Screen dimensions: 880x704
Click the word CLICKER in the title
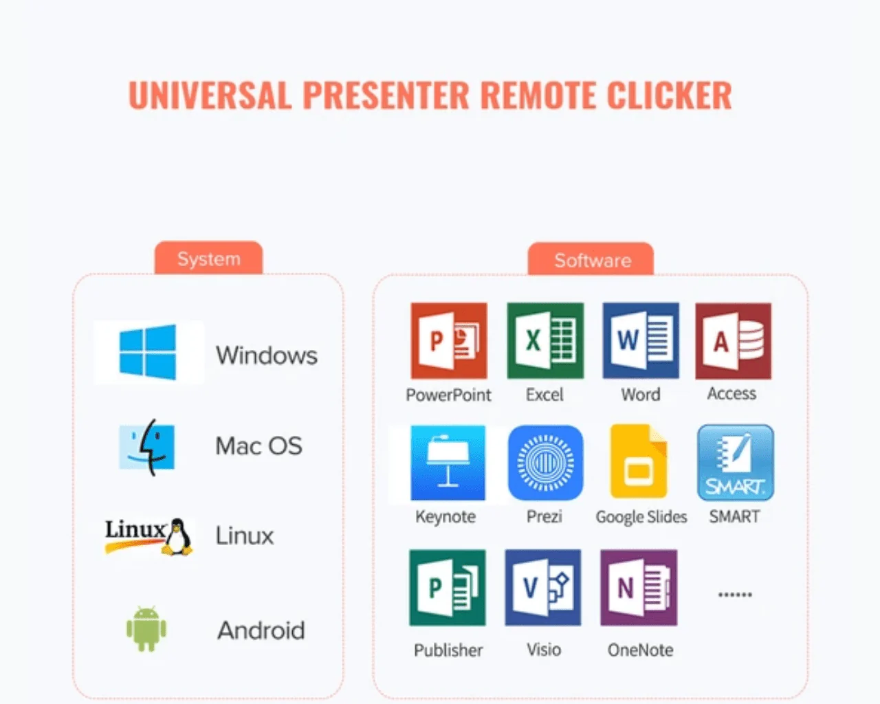pyautogui.click(x=669, y=95)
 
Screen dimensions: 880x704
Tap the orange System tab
pyautogui.click(x=208, y=258)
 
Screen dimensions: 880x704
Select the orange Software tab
pyautogui.click(x=591, y=259)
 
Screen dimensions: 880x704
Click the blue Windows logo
pyautogui.click(x=148, y=352)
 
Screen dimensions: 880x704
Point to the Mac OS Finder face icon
pyautogui.click(x=147, y=447)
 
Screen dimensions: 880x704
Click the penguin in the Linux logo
pyautogui.click(x=177, y=537)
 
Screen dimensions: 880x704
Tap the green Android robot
pyautogui.click(x=146, y=629)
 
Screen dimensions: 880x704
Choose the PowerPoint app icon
pyautogui.click(x=449, y=341)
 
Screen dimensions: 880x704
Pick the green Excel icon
pyautogui.click(x=545, y=341)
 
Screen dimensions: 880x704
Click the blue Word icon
pyautogui.click(x=641, y=341)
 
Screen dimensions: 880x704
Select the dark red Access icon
pyautogui.click(x=733, y=341)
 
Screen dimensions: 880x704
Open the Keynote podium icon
pyautogui.click(x=448, y=463)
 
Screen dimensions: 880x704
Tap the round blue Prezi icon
pyautogui.click(x=545, y=463)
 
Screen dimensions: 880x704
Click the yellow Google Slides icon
pyautogui.click(x=638, y=461)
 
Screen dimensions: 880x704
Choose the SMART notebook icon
pyautogui.click(x=735, y=463)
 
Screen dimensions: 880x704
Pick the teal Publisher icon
pyautogui.click(x=448, y=587)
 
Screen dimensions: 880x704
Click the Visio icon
pyautogui.click(x=543, y=587)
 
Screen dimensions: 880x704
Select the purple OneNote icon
pyautogui.click(x=639, y=587)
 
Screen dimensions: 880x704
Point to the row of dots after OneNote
pyautogui.click(x=735, y=595)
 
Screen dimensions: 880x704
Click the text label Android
pyautogui.click(x=261, y=630)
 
